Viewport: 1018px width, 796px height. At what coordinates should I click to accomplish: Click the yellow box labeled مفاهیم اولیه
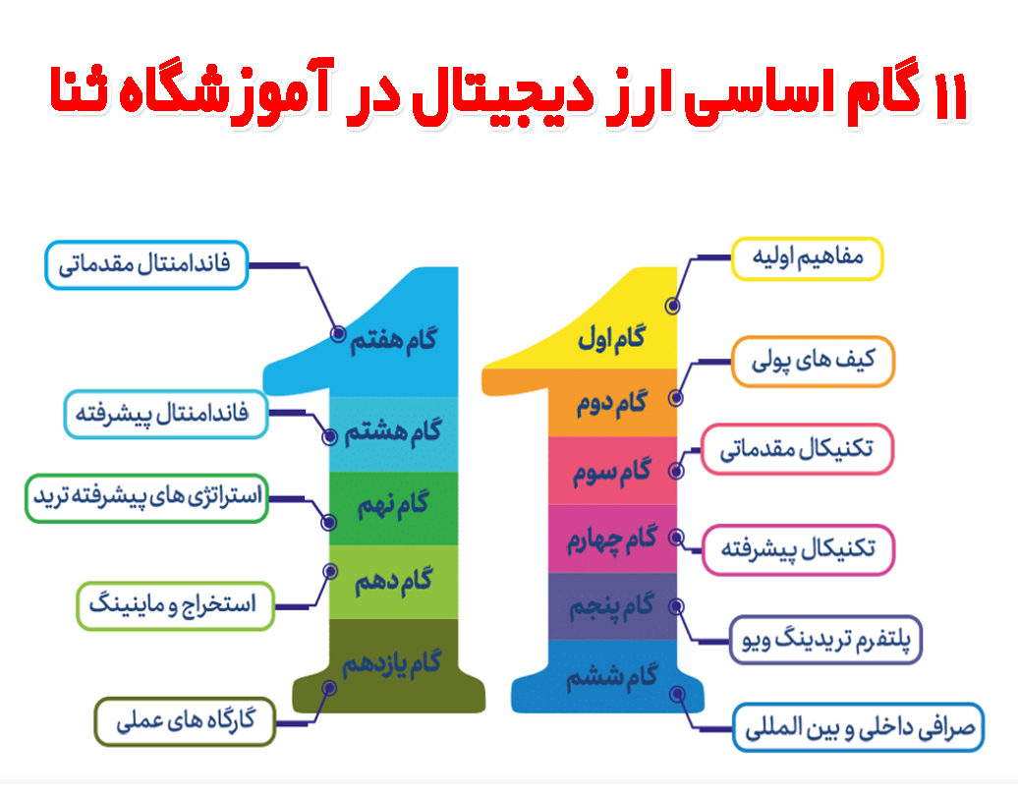click(x=807, y=258)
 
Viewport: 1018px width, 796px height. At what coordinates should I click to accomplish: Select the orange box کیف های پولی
click(x=813, y=361)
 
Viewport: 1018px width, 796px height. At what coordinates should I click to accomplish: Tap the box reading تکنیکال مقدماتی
click(x=797, y=449)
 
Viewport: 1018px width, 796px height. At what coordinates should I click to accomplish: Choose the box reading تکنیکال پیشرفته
click(x=798, y=550)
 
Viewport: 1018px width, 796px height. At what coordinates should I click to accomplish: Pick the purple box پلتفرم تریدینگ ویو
click(x=825, y=640)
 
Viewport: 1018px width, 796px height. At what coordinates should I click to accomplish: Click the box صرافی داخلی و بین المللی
click(x=858, y=728)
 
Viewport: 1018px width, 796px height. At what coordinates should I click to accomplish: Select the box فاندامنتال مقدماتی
click(x=146, y=265)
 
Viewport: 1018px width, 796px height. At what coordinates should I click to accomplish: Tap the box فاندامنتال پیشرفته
click(x=165, y=415)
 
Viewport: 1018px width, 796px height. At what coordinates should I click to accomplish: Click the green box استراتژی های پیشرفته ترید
click(x=146, y=498)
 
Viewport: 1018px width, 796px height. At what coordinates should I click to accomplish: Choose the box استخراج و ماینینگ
click(x=175, y=605)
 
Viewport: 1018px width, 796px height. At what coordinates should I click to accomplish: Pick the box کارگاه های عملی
click(x=185, y=721)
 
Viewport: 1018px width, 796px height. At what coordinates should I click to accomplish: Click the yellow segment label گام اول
click(x=612, y=339)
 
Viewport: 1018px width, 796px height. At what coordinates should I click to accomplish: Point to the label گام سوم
click(x=611, y=472)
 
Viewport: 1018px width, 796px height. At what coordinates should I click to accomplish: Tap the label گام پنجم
click(x=611, y=607)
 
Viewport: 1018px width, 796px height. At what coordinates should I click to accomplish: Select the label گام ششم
click(x=612, y=677)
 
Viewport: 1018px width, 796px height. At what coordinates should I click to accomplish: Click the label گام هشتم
click(x=393, y=432)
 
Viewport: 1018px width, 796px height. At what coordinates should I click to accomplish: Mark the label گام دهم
click(x=393, y=581)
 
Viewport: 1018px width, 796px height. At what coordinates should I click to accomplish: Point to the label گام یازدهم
click(x=392, y=663)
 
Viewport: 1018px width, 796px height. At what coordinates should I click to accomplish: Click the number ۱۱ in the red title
click(x=951, y=97)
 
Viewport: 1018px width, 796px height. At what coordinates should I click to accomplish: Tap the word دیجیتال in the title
click(x=502, y=97)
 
